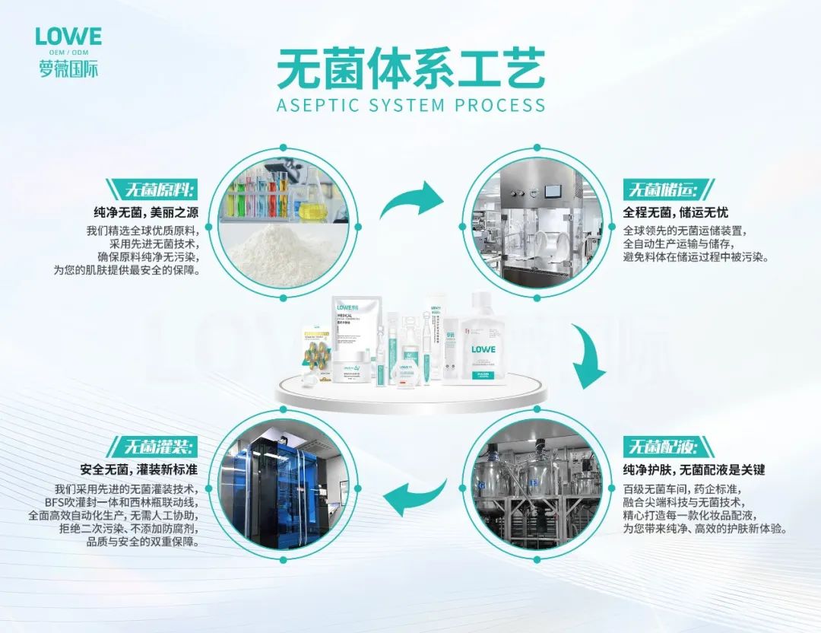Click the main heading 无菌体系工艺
410,70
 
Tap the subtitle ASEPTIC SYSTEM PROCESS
411,105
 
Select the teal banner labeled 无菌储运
659,189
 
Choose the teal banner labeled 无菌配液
659,446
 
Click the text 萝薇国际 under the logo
68,69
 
